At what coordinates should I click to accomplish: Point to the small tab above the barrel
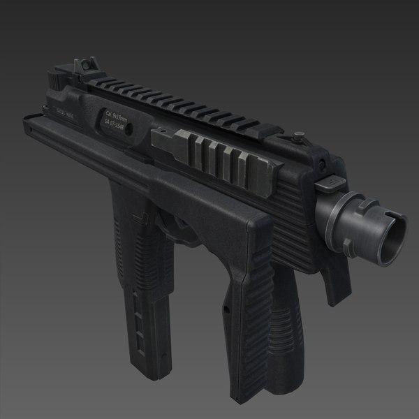331,183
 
